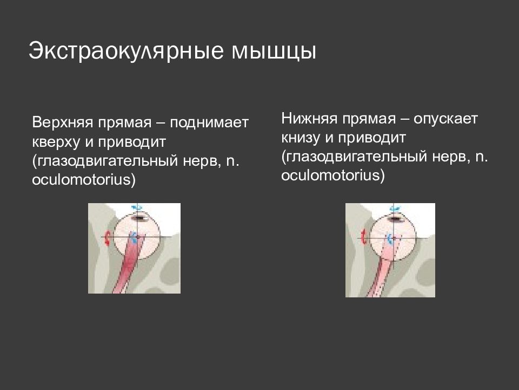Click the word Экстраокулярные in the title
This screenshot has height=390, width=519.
125,51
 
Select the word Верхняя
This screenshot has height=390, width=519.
63,123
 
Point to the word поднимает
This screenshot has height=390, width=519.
209,123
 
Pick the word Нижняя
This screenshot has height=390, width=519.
309,119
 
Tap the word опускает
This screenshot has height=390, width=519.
445,119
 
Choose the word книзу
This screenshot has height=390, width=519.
301,138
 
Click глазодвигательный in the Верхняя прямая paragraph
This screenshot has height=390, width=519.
108,161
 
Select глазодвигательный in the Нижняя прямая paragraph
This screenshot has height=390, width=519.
357,157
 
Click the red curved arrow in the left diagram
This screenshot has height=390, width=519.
107,238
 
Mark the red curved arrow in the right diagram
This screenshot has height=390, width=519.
364,237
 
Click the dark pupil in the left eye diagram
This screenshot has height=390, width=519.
139,218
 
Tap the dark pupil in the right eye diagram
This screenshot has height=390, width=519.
396,218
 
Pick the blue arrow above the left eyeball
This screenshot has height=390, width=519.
137,207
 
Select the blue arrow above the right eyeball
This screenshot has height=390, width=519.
394,208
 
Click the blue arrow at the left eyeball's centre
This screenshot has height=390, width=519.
134,237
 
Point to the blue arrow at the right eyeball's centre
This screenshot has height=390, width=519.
390,239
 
